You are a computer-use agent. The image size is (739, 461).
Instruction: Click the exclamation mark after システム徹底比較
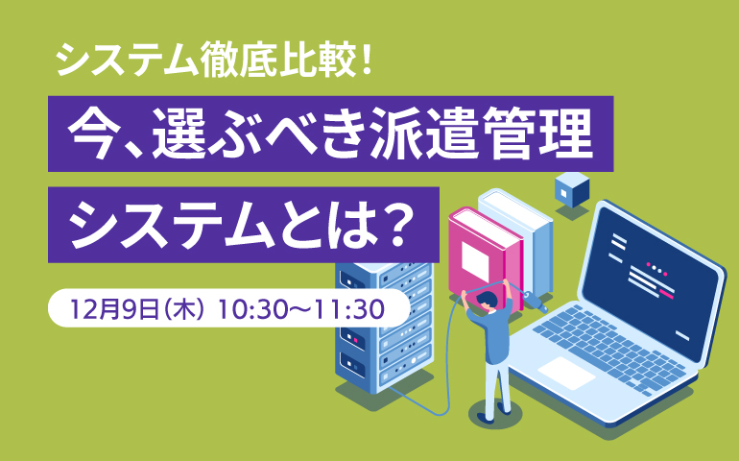366,60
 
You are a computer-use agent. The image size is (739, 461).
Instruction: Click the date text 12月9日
114,309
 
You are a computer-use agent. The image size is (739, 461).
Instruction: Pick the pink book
486,257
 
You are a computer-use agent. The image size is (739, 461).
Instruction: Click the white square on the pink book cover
475,261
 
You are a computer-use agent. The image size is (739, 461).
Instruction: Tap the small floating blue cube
572,190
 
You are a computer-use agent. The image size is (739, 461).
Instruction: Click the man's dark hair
487,299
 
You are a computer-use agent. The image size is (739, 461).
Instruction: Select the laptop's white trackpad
566,373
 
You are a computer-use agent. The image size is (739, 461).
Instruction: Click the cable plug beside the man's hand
535,301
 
